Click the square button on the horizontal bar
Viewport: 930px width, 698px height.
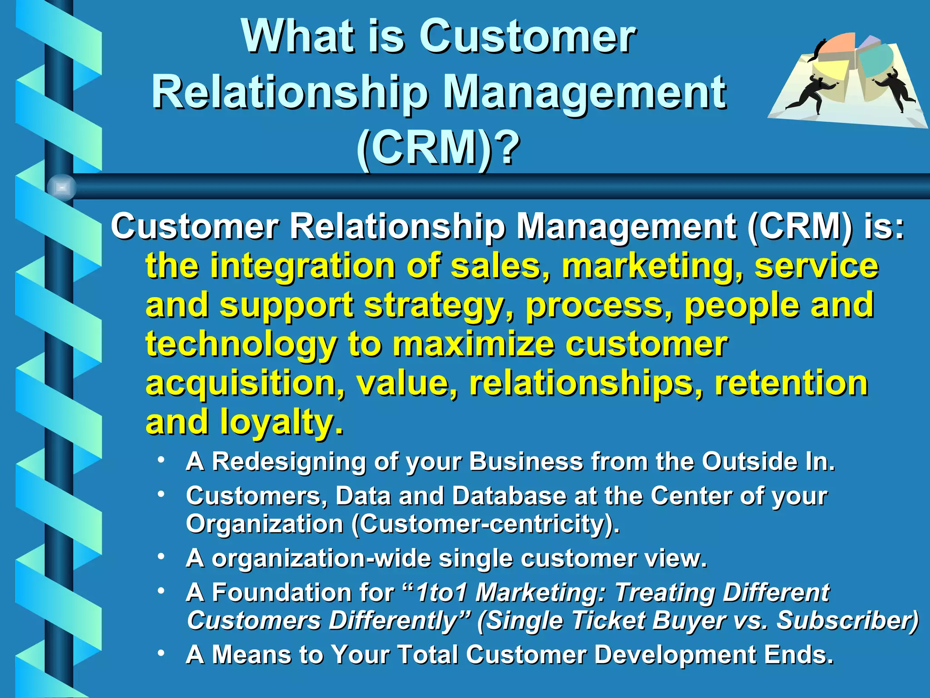point(62,187)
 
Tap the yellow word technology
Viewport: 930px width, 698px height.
point(241,344)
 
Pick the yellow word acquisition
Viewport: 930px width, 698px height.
point(245,383)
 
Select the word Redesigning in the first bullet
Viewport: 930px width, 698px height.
point(289,462)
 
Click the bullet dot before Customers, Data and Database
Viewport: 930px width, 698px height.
point(161,494)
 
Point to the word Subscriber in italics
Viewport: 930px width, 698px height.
point(846,621)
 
